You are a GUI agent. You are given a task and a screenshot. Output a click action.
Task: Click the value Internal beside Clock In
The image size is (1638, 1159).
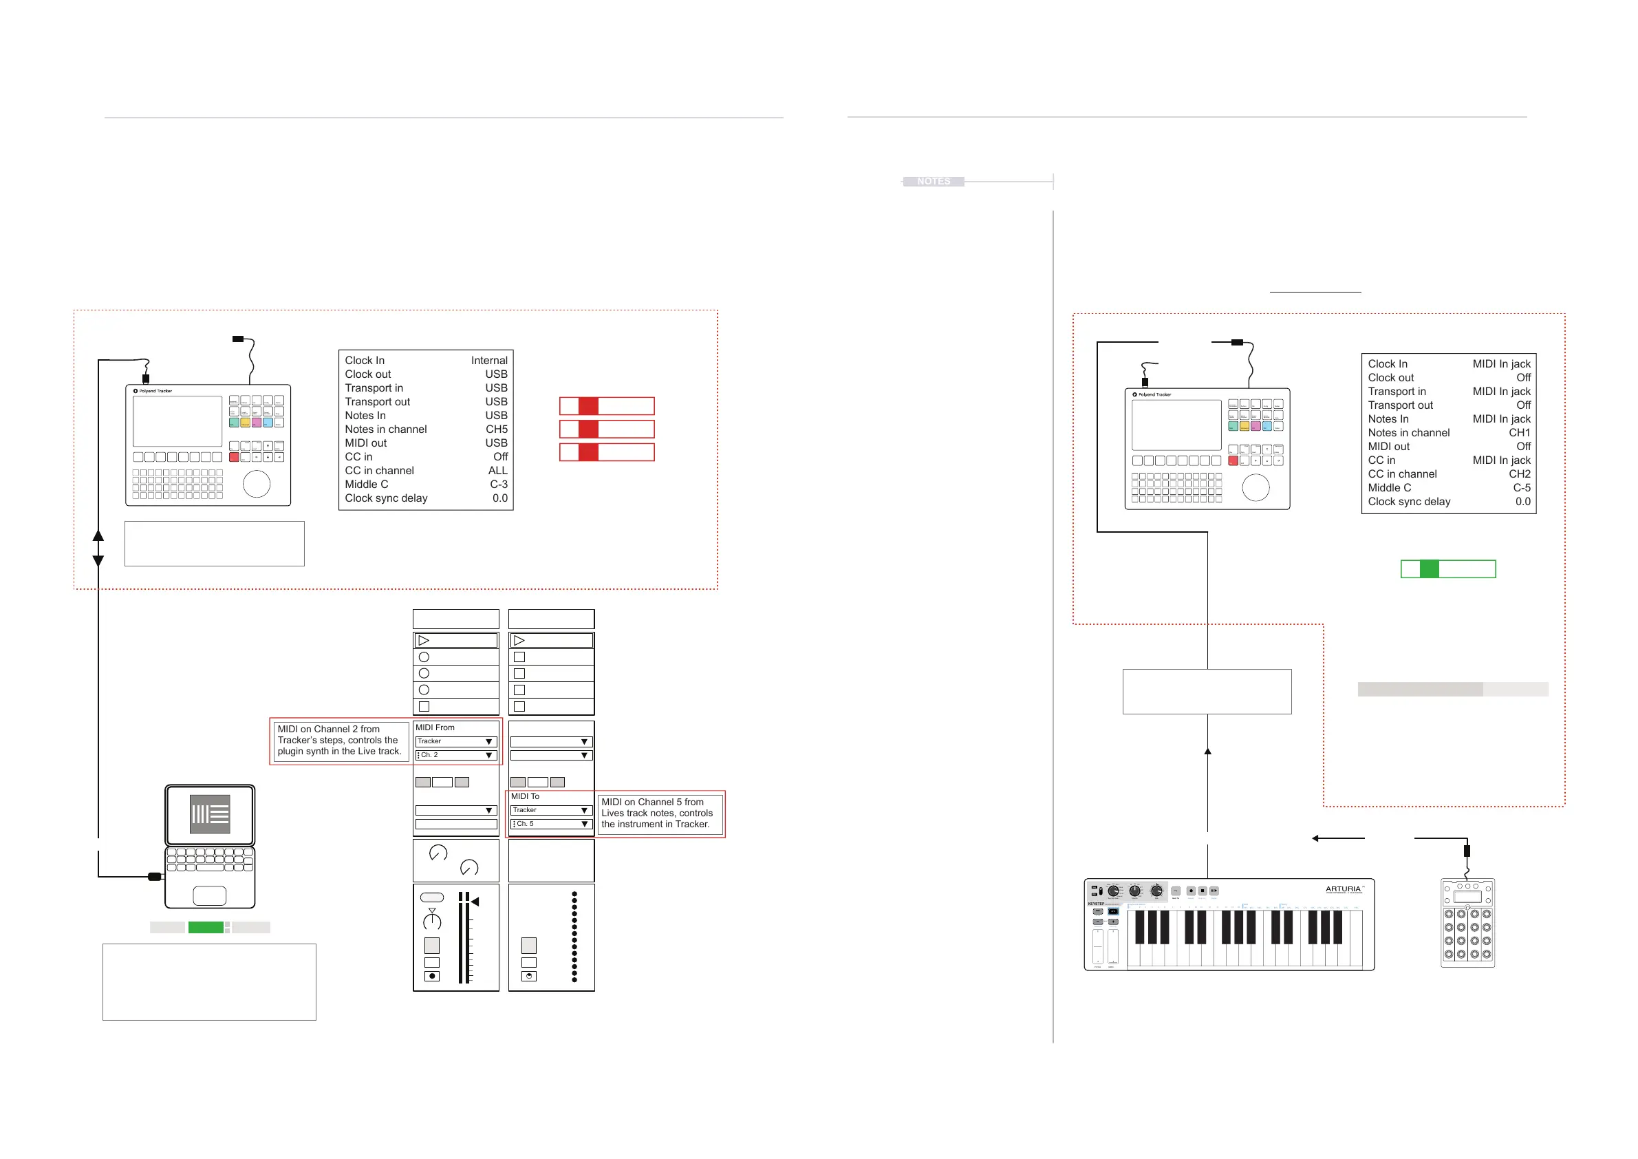point(488,361)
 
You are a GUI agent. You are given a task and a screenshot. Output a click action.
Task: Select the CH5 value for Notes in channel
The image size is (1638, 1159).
point(497,429)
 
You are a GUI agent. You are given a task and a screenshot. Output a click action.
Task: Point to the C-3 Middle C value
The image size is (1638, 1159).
point(498,484)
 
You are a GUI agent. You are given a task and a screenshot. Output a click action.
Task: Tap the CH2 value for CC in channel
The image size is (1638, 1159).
point(1519,474)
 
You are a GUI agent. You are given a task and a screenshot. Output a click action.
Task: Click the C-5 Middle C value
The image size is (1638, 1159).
point(1521,487)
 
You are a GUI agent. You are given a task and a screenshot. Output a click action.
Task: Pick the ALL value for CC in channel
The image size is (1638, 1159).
point(497,470)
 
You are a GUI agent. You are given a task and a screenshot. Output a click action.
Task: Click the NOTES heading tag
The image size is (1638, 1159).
point(933,181)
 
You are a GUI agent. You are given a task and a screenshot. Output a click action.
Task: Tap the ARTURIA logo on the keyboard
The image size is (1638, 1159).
point(1344,889)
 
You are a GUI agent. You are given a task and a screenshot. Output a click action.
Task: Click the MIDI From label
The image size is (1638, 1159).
point(435,727)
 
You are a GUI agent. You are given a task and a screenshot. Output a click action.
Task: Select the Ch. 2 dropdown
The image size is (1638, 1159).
point(456,755)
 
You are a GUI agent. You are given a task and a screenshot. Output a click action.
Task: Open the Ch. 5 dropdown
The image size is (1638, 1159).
point(552,824)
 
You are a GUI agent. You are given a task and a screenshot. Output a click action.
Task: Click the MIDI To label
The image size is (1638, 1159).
point(525,796)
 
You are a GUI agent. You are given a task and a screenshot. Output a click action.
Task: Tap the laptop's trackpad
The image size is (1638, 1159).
point(209,895)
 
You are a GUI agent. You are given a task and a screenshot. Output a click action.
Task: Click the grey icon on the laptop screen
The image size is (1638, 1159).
point(210,814)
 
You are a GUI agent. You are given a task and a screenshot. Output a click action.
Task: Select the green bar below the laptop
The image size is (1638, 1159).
point(206,927)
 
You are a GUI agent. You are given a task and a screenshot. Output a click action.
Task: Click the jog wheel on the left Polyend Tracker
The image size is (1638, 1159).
point(256,484)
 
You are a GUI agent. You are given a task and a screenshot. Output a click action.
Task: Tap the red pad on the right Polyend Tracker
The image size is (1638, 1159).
point(1233,460)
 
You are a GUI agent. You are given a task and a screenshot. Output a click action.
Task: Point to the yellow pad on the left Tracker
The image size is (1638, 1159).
point(245,423)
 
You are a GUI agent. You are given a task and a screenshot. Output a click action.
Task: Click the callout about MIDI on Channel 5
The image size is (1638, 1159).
point(657,813)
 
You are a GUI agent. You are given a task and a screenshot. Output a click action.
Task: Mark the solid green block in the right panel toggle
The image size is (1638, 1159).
point(1429,568)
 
